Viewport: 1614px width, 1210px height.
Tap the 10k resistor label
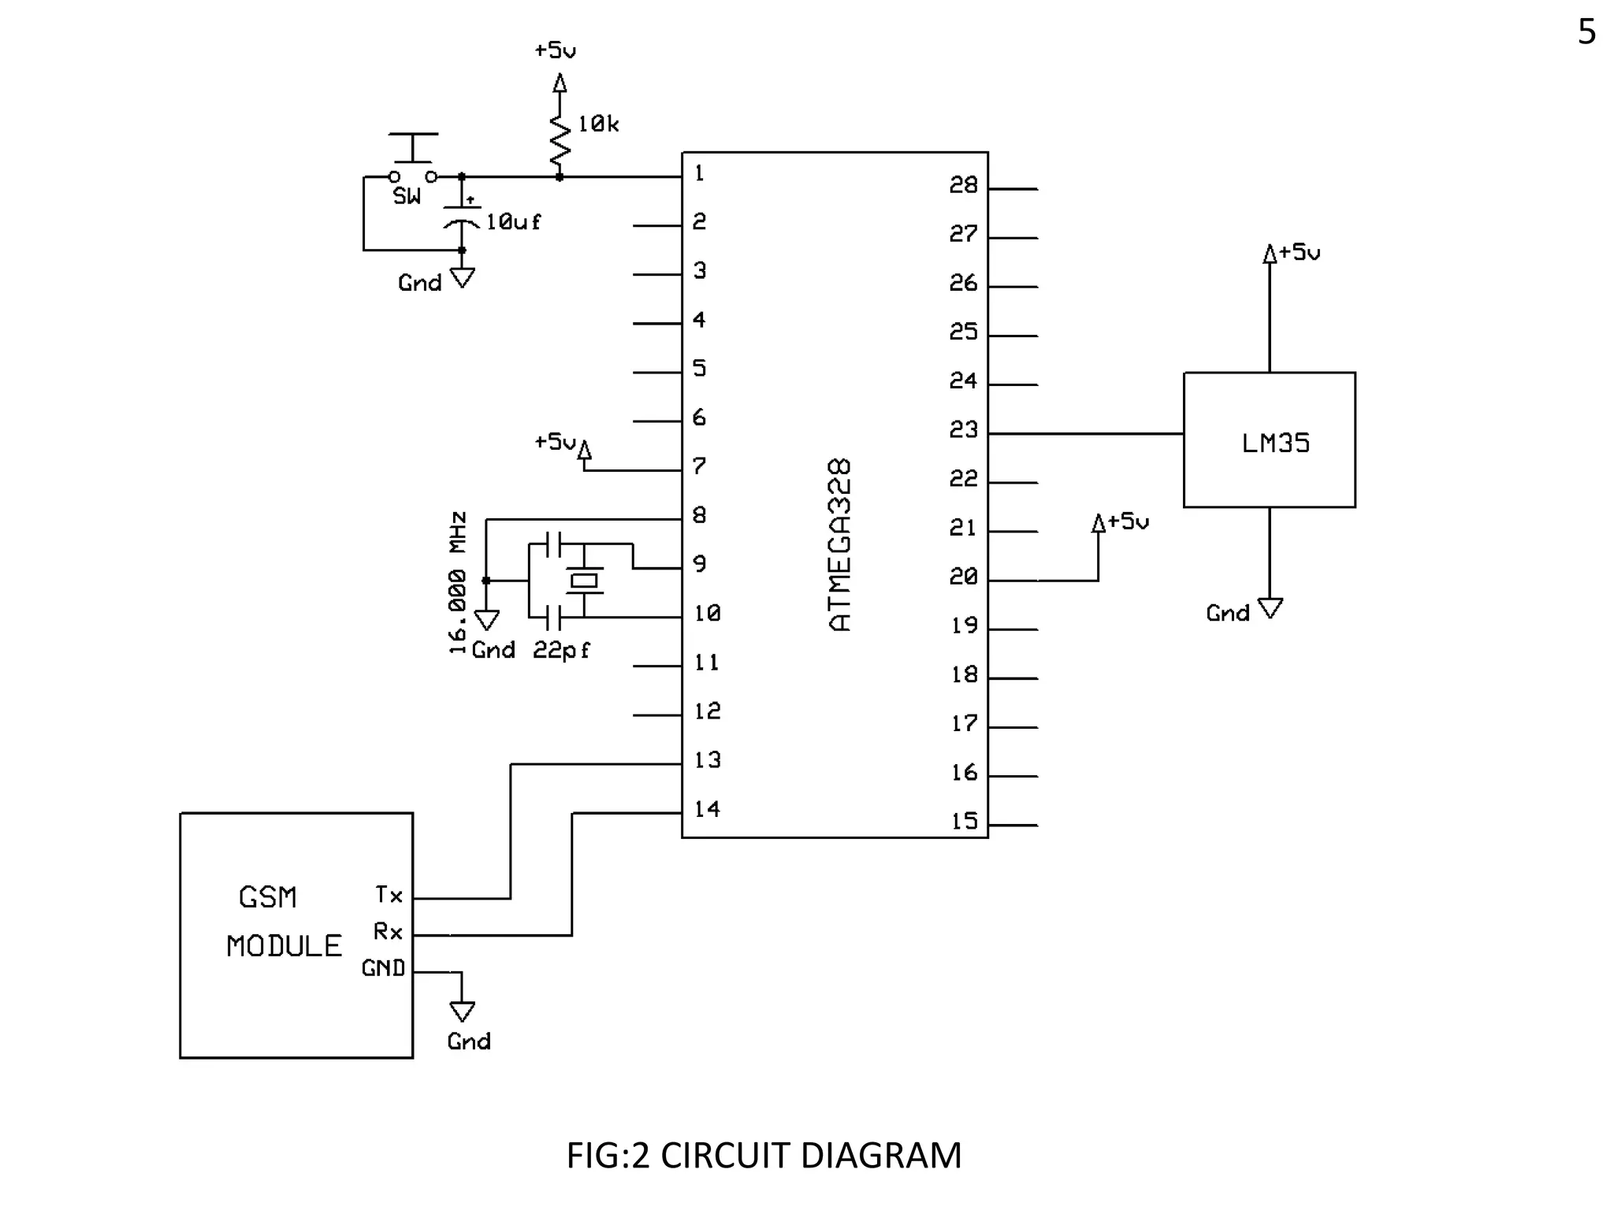tap(598, 124)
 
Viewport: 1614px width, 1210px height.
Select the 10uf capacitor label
tap(513, 222)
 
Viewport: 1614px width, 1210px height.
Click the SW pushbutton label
tap(407, 197)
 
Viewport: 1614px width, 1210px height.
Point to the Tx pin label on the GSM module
tap(389, 895)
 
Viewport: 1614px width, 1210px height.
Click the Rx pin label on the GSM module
tap(388, 932)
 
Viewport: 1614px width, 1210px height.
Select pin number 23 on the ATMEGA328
tap(963, 430)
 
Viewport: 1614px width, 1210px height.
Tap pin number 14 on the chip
tap(707, 809)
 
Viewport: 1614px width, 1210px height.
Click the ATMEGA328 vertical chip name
tap(840, 545)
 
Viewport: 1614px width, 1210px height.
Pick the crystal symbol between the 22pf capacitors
tap(584, 581)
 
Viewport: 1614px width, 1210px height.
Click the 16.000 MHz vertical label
tap(458, 583)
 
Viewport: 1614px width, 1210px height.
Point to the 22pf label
tap(561, 651)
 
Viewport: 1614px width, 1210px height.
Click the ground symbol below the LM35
tap(1270, 608)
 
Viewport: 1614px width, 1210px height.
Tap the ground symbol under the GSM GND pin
tap(462, 1011)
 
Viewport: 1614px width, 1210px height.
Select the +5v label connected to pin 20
tap(1128, 521)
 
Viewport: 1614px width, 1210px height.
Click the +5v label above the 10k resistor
tap(555, 50)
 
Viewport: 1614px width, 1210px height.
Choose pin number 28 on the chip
tap(963, 185)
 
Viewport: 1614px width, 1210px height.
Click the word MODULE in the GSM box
tap(284, 946)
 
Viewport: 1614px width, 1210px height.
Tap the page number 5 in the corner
tap(1586, 32)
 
